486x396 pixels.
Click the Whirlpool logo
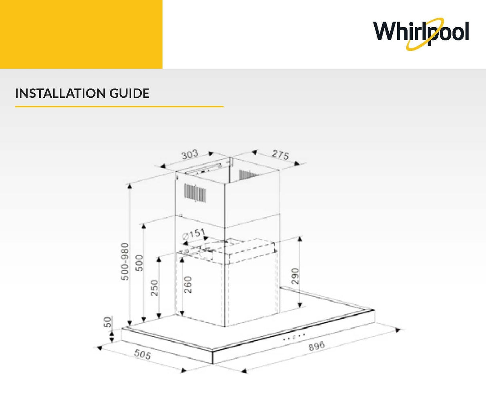pos(421,34)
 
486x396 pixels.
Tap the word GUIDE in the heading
pos(129,93)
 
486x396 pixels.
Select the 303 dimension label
pos(190,155)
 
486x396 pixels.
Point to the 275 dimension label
pos(280,155)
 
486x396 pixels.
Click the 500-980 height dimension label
pos(125,261)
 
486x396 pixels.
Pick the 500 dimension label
pos(139,263)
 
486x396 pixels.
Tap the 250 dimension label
pos(155,288)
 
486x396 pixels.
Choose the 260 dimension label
pos(188,285)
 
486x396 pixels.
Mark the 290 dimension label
pos(295,276)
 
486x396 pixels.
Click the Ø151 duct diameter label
pos(193,234)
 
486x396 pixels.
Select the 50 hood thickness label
pos(108,322)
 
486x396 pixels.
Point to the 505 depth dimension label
pos(143,354)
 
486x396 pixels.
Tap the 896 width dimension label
pos(317,346)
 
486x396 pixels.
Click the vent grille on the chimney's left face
pos(195,193)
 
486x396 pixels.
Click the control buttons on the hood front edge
pos(294,337)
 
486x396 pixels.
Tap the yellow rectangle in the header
pos(81,34)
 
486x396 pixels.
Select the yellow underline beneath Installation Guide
pos(119,107)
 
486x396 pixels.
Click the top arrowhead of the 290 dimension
pos(300,239)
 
